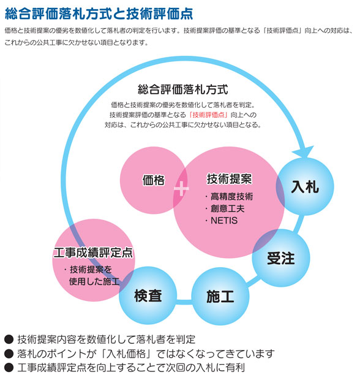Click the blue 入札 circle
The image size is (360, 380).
point(305,186)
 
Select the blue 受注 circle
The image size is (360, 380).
point(281,257)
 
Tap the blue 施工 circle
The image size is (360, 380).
point(220,296)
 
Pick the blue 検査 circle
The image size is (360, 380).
point(148,295)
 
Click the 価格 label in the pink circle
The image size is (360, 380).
point(154,180)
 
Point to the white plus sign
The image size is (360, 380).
point(181,188)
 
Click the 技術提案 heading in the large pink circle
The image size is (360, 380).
point(229,179)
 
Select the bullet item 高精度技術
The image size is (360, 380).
point(229,196)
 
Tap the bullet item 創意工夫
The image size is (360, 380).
point(225,208)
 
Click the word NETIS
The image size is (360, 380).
point(224,221)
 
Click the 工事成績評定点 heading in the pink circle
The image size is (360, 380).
point(94,253)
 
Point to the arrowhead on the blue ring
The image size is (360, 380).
point(304,152)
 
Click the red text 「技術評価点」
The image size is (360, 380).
point(208,115)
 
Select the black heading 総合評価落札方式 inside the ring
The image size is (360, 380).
point(183,89)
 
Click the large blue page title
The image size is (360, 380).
point(99,13)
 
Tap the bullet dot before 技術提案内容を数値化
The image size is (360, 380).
point(9,340)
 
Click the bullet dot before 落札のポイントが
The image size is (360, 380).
point(9,354)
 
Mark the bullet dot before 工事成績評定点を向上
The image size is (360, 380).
point(9,368)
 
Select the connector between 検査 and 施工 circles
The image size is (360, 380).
point(184,302)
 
